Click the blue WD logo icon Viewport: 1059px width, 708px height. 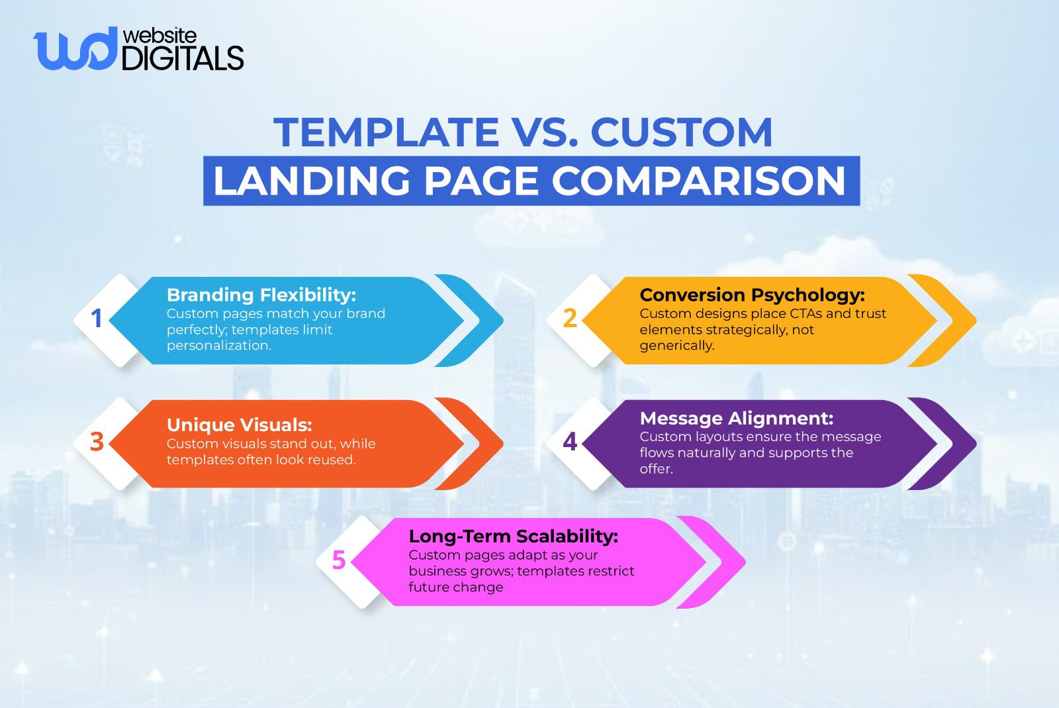[74, 50]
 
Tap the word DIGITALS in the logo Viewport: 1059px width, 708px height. [183, 59]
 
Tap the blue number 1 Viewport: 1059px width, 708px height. [97, 319]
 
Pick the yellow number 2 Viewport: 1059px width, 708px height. [570, 319]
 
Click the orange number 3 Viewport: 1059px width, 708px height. [97, 442]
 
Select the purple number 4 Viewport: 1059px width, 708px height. [570, 442]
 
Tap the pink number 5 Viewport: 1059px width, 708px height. [338, 560]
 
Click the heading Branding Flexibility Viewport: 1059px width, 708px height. [261, 295]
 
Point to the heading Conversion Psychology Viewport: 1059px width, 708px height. [752, 295]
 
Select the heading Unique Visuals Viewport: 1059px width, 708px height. [239, 425]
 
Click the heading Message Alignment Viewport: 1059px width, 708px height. [736, 418]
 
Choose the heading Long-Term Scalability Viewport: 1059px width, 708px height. [513, 536]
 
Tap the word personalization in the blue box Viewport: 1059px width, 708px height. [218, 345]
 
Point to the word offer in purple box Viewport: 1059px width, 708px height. [655, 469]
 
